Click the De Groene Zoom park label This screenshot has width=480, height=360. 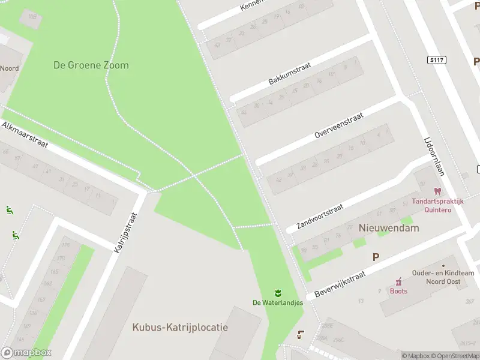91,65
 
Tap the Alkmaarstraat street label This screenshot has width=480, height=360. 25,134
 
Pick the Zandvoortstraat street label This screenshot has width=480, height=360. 320,217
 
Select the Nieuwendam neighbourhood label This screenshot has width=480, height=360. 389,228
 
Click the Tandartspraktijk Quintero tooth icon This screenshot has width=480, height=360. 437,191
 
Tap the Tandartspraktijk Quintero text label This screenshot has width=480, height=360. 437,206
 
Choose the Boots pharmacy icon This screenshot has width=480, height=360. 398,281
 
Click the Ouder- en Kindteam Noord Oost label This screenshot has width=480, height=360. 435,277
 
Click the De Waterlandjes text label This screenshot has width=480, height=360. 278,302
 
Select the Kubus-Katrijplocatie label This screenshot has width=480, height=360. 180,328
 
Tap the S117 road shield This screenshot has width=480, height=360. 436,60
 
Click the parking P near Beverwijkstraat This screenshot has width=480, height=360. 376,257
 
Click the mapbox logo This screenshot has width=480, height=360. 26,353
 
